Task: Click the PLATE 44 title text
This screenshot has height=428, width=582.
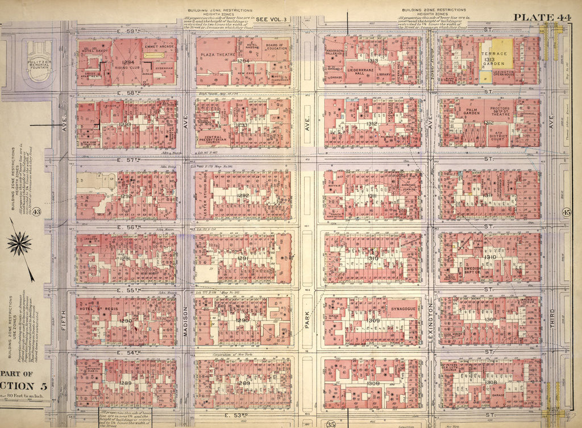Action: [x=543, y=16]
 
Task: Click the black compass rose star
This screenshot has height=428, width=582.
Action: [x=20, y=244]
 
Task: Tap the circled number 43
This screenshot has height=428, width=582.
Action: [x=36, y=212]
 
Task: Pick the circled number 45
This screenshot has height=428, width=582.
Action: [x=566, y=212]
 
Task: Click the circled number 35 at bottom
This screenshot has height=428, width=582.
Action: [x=331, y=422]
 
